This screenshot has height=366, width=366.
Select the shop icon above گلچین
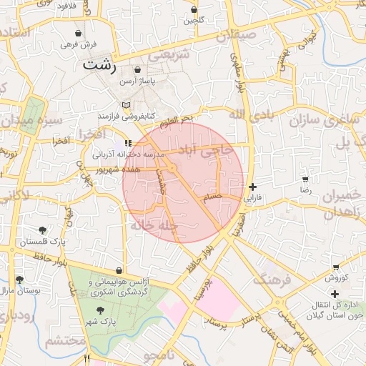pyautogui.click(x=194, y=10)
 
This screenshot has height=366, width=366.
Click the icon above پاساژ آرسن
pyautogui.click(x=138, y=70)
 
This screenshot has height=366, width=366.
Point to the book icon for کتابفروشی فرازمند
pyautogui.click(x=127, y=105)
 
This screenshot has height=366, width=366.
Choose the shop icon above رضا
pyautogui.click(x=305, y=179)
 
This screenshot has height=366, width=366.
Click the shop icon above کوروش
pyautogui.click(x=335, y=267)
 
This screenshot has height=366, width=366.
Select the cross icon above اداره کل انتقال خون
pyautogui.click(x=335, y=294)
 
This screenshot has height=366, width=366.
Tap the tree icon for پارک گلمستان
pyautogui.click(x=43, y=230)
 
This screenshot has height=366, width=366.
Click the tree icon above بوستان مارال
pyautogui.click(x=19, y=280)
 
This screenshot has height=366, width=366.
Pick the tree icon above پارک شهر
pyautogui.click(x=100, y=310)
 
